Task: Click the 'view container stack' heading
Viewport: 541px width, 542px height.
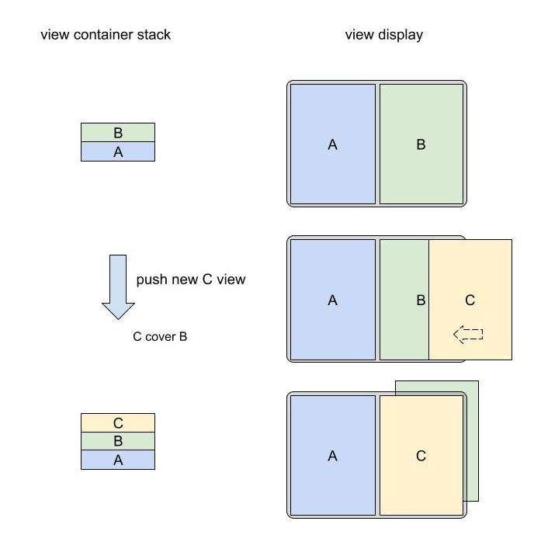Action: point(106,35)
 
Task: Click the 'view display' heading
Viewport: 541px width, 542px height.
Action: point(383,35)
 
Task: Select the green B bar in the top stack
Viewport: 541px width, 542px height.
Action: point(118,132)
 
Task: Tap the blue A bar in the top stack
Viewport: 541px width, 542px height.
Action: point(118,151)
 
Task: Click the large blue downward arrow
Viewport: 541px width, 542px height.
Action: point(118,287)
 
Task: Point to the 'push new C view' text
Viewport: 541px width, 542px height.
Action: point(191,280)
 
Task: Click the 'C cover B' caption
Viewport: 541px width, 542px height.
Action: point(160,337)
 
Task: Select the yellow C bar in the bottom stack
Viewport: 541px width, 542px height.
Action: point(118,422)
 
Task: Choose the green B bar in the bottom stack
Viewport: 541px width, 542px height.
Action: point(118,441)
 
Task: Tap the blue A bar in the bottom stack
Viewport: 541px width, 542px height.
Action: point(118,460)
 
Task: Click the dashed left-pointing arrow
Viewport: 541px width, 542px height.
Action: point(468,334)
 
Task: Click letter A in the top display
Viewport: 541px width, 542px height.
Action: point(332,144)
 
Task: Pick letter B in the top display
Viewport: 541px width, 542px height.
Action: point(421,144)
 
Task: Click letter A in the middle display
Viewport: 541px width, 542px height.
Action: point(332,300)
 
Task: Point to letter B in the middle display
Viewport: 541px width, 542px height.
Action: point(421,300)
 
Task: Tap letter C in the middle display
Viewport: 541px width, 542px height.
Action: point(470,300)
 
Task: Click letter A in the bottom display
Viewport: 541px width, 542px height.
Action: point(332,456)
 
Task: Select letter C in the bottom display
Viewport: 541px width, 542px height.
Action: point(421,456)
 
